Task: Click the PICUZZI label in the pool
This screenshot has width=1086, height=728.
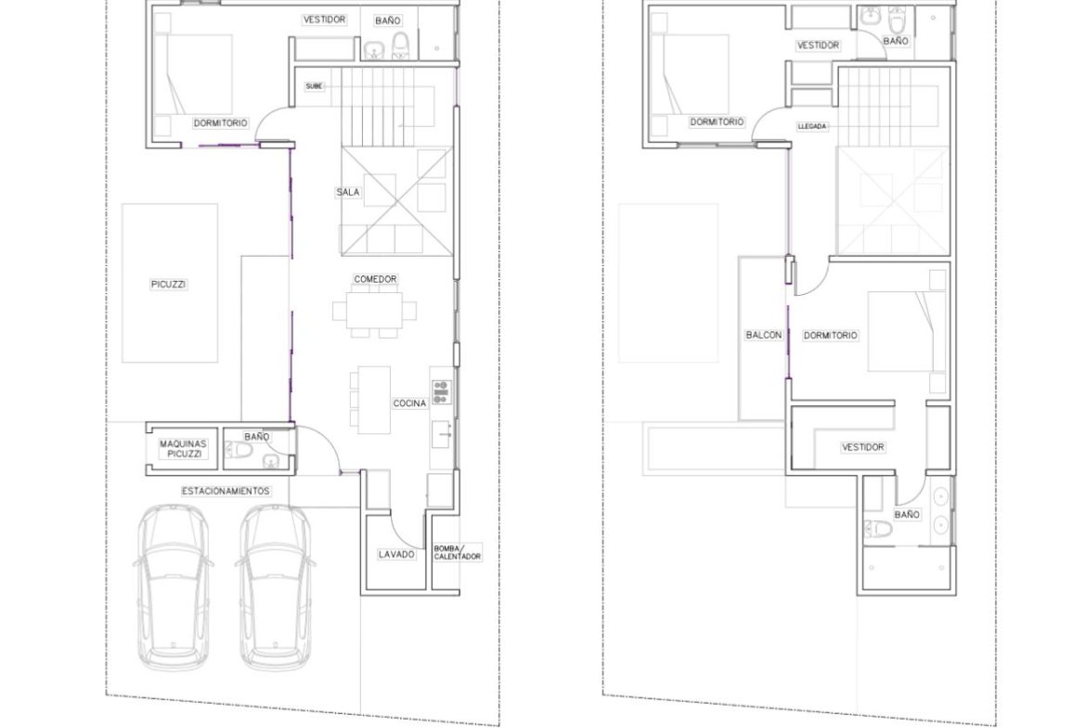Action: tap(168, 285)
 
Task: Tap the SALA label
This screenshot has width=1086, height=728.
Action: tap(348, 192)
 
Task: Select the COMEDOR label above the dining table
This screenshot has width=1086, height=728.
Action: tap(375, 279)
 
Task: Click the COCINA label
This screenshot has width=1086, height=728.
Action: tap(409, 403)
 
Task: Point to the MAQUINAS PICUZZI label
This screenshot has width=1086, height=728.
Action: tap(183, 449)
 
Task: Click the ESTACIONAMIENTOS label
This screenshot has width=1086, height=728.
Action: tap(226, 492)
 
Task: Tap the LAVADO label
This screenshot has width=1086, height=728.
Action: tap(397, 555)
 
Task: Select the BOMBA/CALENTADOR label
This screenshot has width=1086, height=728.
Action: tap(457, 552)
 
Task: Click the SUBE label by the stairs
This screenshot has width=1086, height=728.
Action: tap(314, 86)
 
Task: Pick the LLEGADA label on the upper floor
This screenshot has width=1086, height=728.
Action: tap(812, 127)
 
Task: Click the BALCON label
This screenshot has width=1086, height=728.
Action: tap(763, 335)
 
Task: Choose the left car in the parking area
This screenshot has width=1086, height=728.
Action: tap(173, 587)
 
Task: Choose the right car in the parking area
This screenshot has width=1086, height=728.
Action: tap(274, 587)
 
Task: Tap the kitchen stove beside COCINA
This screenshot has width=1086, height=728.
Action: tap(441, 391)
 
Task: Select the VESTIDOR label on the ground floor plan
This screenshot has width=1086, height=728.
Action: tap(324, 20)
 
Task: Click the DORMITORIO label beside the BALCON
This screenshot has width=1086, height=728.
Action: tap(831, 336)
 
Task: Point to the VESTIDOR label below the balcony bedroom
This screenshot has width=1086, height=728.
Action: tap(863, 448)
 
